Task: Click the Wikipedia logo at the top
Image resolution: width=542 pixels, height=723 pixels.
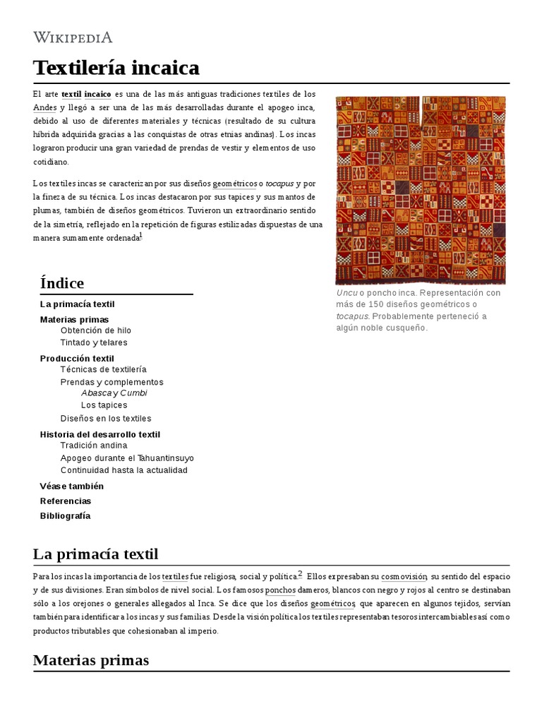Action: [73, 37]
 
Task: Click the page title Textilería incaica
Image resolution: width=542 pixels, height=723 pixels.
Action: [116, 68]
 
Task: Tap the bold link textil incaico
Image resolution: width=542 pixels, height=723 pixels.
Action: [86, 94]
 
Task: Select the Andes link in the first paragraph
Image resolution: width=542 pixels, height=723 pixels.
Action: [44, 107]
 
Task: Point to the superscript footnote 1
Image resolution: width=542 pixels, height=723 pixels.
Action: [140, 236]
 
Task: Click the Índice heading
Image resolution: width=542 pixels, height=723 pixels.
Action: [63, 283]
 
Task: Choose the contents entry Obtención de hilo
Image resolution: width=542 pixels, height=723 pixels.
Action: [95, 330]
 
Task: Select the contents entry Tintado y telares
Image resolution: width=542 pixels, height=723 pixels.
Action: [94, 342]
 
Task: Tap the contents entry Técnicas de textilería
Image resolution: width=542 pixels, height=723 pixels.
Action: [103, 369]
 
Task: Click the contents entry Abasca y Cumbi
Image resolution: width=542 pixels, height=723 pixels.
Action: [114, 393]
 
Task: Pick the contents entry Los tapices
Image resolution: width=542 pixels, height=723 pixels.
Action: [104, 405]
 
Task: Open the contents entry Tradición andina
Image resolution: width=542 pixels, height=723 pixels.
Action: [94, 446]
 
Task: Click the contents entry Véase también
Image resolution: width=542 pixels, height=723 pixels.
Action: [72, 486]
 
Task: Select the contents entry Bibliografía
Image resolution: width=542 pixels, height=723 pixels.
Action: [66, 516]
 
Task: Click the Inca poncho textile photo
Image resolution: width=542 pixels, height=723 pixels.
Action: [421, 190]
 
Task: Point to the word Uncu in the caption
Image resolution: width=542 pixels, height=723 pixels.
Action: [347, 293]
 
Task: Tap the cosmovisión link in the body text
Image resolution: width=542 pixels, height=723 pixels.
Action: [404, 577]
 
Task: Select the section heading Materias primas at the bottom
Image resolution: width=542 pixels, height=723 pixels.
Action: [91, 660]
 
